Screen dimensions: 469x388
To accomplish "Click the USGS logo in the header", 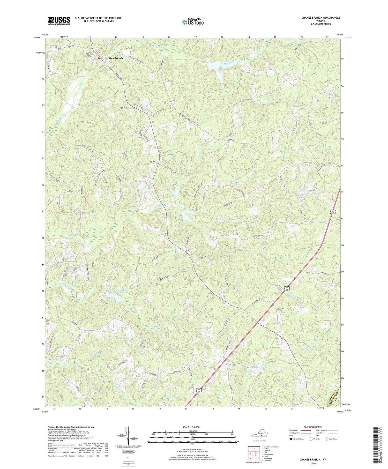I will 59,21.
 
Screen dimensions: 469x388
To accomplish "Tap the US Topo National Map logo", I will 193,22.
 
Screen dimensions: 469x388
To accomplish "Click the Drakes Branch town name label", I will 114,58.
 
